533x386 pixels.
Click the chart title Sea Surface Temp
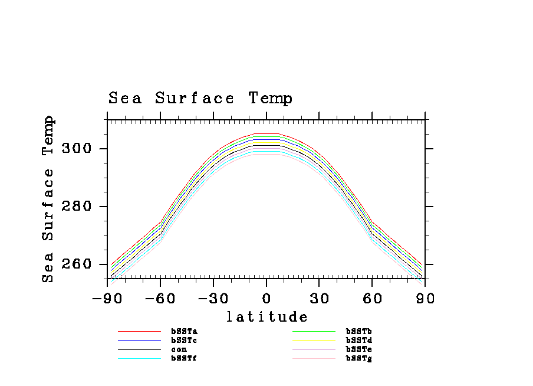click(200, 99)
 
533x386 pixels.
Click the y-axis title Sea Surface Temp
click(48, 199)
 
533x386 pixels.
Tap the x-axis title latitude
click(266, 318)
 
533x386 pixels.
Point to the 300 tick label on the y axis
click(78, 148)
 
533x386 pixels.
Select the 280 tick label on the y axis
click(78, 207)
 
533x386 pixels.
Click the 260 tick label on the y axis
click(78, 264)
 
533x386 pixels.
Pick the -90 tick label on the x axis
click(107, 299)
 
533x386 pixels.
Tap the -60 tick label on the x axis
click(160, 299)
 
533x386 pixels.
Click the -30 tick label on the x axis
click(213, 299)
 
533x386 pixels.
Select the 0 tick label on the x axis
click(266, 299)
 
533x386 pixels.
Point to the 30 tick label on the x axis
click(320, 299)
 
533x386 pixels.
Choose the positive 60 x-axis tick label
click(373, 299)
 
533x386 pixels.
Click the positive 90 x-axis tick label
click(425, 299)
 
